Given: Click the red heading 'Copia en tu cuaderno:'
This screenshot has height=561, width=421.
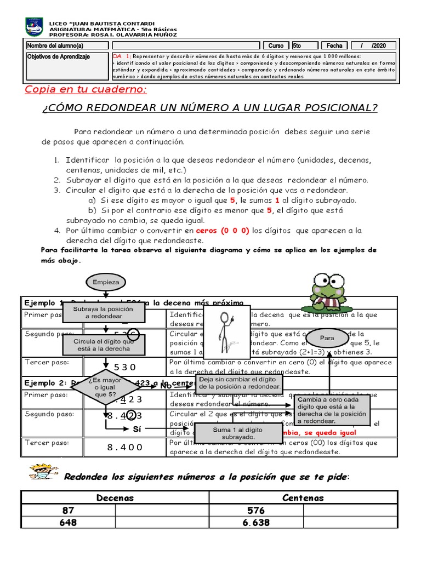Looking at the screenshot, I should pyautogui.click(x=86, y=89).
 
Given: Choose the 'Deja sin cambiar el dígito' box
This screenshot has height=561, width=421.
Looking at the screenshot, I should pyautogui.click(x=240, y=383).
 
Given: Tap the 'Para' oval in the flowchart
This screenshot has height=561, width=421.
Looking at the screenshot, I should pyautogui.click(x=327, y=338).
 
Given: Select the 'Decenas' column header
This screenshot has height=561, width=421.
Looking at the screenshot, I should pyautogui.click(x=115, y=497).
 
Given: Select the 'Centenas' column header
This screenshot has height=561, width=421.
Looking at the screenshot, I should pyautogui.click(x=303, y=497).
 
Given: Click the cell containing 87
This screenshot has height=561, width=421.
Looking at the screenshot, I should pyautogui.click(x=68, y=510).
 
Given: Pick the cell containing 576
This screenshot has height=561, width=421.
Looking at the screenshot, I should pyautogui.click(x=256, y=510).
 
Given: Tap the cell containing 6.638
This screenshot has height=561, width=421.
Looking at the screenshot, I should pyautogui.click(x=256, y=523).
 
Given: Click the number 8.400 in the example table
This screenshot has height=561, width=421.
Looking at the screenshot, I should pyautogui.click(x=125, y=447).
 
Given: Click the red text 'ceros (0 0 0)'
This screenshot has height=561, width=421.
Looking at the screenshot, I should pyautogui.click(x=223, y=231).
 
